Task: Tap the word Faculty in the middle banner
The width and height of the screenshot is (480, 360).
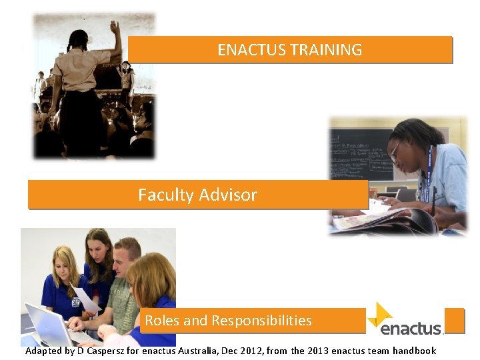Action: pos(164,195)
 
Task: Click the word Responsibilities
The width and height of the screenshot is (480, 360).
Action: pos(261,321)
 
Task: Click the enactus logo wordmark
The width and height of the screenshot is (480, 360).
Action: pos(411,328)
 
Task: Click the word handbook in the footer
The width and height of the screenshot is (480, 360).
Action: pos(414,351)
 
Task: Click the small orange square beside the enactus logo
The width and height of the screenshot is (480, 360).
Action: pos(454,319)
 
